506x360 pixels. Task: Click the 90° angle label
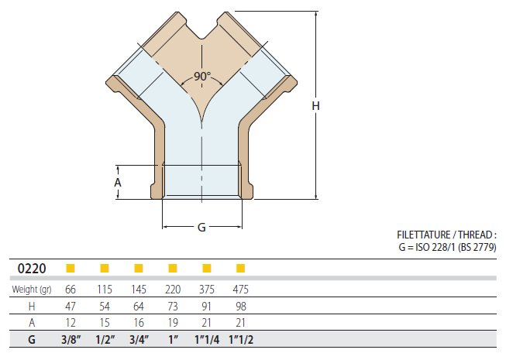202,77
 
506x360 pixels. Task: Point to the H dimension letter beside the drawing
315,106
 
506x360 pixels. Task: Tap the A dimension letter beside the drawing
118,183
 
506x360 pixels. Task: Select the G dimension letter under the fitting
201,228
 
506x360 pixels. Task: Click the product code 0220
32,269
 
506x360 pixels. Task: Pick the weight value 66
71,290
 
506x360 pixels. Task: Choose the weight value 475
240,290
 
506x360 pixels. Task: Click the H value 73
173,306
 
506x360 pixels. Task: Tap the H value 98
241,306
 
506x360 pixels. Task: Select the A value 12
71,323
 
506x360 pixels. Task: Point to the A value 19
173,323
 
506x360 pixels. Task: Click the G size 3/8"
71,340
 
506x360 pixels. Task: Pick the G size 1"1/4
207,340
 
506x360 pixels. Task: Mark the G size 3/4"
139,340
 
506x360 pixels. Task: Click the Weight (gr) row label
32,290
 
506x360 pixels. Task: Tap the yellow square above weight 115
105,268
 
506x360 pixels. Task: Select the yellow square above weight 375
207,268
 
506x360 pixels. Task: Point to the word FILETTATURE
423,235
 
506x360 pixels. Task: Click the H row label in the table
32,306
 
